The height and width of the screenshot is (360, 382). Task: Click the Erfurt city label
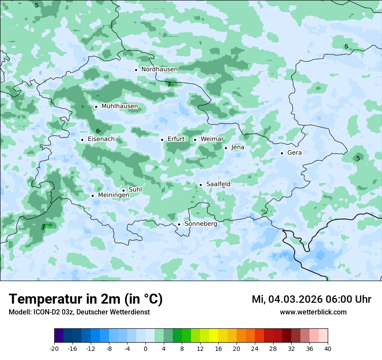point(176,139)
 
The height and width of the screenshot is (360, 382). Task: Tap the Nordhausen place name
point(159,69)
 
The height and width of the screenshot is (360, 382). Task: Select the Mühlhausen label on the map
point(119,106)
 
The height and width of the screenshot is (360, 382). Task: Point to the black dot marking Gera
point(282,153)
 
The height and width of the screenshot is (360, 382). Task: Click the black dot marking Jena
point(226,148)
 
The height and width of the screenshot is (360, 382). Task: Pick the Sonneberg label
point(201,224)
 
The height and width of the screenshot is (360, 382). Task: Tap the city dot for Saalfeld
point(201,185)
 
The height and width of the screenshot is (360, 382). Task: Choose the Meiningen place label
point(113,196)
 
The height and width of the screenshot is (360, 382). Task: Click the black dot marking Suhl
point(123,190)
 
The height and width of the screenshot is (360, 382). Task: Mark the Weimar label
point(212,139)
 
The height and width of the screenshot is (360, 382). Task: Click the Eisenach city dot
point(82,140)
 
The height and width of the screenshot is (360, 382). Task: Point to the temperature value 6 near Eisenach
point(98,131)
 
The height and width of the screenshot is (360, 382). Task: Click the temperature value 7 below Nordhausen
point(169,85)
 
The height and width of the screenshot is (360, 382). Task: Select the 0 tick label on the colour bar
point(145,348)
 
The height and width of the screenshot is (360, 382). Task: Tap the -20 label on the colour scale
point(54,348)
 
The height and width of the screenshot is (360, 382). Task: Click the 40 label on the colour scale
point(328,348)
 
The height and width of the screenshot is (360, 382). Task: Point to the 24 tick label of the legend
point(255,348)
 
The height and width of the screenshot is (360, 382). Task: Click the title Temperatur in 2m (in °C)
point(86,299)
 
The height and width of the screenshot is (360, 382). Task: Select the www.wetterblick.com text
point(313,312)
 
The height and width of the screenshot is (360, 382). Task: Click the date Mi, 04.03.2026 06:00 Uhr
point(311,299)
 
